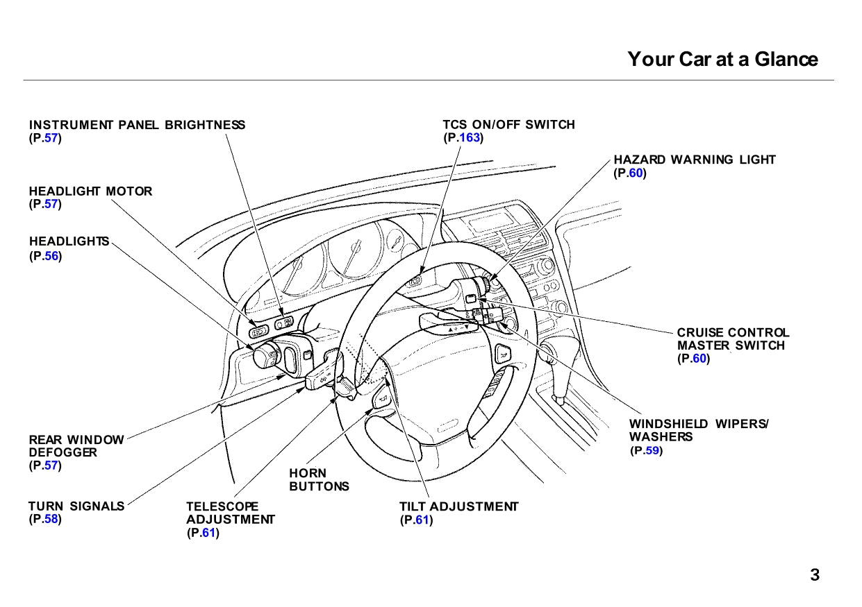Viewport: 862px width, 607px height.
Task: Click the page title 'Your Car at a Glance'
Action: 722,59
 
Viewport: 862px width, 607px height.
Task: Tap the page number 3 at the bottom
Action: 815,575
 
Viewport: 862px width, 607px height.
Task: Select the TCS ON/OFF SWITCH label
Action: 508,125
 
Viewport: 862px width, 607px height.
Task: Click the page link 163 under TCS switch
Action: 470,138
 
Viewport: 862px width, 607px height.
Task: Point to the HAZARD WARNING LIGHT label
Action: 695,160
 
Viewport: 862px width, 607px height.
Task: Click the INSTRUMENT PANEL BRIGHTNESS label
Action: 137,125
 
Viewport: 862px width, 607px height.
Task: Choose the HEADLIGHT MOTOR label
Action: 90,191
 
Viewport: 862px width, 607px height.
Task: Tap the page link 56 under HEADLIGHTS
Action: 51,256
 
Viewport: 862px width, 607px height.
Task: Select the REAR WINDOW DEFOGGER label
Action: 76,446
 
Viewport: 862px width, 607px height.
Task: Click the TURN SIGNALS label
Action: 76,506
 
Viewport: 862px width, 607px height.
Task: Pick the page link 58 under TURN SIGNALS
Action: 51,519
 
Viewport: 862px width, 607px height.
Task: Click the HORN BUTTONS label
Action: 319,480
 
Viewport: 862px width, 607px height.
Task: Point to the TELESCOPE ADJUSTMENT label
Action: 230,513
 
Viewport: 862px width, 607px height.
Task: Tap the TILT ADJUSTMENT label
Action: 458,506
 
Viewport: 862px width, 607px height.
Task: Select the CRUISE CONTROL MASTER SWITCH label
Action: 733,339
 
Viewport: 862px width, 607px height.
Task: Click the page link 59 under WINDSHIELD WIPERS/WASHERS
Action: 652,451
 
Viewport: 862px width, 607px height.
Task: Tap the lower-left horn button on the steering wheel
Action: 381,399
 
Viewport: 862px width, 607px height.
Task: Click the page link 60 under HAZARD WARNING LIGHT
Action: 636,173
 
